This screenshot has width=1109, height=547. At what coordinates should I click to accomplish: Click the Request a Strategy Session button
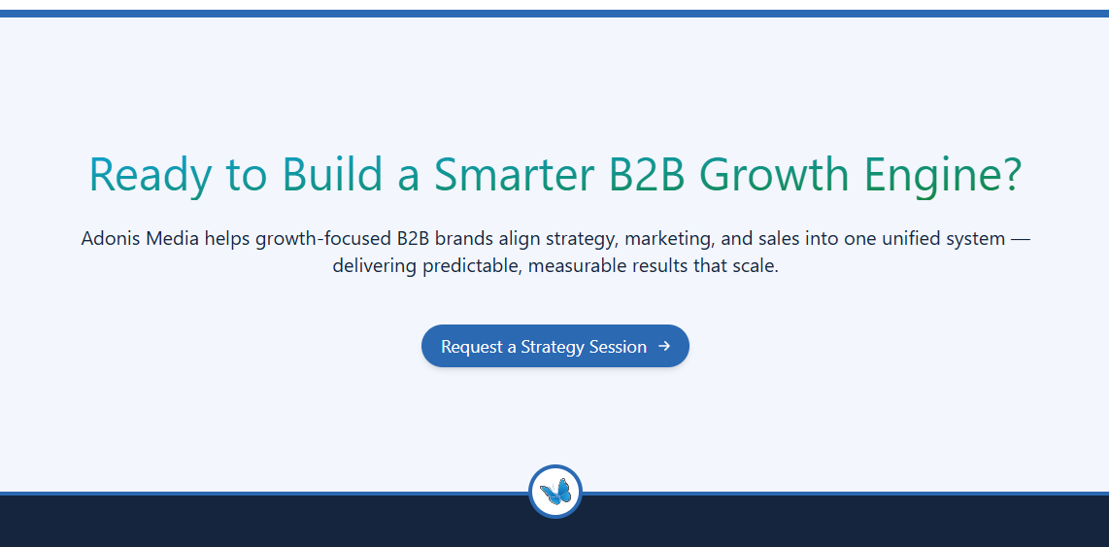[x=555, y=346]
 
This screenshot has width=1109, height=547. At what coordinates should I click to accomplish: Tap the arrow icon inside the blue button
[x=664, y=346]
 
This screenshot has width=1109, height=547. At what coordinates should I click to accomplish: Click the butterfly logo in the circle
[x=555, y=491]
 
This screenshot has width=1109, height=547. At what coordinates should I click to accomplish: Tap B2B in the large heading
[x=647, y=173]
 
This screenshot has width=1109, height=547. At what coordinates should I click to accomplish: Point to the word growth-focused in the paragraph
[x=320, y=239]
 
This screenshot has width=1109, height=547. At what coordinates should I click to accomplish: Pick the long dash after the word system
[x=1021, y=239]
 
